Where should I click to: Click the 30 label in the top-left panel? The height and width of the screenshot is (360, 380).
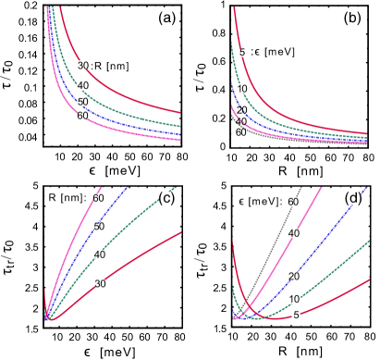[82, 66]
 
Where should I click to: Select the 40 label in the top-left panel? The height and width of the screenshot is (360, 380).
[83, 86]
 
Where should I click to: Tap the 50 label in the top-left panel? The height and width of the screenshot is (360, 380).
[83, 103]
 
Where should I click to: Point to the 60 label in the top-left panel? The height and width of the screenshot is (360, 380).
[82, 117]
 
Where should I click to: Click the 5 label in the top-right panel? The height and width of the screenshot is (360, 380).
[243, 53]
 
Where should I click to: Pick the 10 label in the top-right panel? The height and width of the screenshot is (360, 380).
[242, 89]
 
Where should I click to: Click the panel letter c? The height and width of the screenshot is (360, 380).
[166, 198]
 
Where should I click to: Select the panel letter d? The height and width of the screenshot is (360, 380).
[353, 198]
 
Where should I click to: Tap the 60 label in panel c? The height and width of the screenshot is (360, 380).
[98, 199]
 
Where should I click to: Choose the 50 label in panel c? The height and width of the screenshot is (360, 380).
[99, 227]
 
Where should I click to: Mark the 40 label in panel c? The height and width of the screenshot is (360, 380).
[100, 254]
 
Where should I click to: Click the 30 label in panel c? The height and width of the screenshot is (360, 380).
[100, 283]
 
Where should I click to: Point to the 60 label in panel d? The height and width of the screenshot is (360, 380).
[293, 202]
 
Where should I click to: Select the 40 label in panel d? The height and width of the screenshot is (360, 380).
[294, 233]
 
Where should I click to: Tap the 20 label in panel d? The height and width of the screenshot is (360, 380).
[294, 277]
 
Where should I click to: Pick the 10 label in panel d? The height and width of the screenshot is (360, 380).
[295, 299]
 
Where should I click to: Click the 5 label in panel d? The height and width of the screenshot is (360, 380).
[296, 315]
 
